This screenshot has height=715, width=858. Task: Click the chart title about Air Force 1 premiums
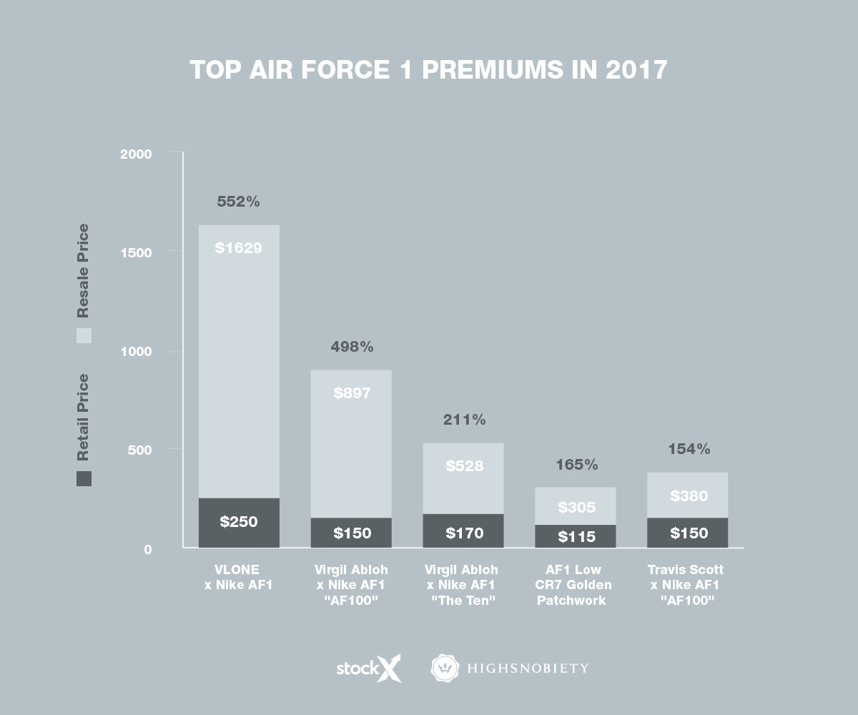coord(428,70)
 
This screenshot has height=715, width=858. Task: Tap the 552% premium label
coord(238,202)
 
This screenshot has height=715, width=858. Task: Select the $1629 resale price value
coord(238,249)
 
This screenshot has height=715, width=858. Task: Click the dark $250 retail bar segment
coord(239,523)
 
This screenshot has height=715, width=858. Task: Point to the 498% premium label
coord(352,347)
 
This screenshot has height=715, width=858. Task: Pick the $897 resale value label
coord(352,393)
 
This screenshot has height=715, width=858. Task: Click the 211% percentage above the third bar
coord(464,420)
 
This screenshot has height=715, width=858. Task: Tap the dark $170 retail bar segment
coord(464,531)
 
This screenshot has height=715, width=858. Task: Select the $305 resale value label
coord(576,508)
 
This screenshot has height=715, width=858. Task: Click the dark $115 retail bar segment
coord(576,536)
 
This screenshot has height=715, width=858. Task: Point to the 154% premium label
coord(689,450)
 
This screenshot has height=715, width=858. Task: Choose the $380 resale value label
coord(689,496)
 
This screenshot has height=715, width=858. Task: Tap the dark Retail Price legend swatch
coord(84,478)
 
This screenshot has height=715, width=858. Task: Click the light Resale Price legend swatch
coord(84,335)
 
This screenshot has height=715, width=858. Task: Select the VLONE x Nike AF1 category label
coord(239,577)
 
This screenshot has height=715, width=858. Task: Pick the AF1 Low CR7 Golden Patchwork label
coord(576,585)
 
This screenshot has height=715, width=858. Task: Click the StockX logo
coord(368,668)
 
